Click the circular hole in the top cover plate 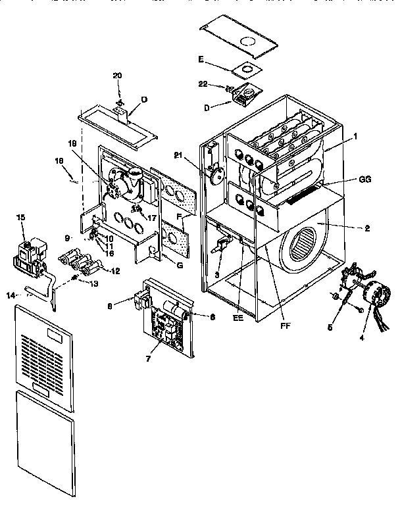click(249, 41)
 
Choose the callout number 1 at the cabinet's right click(355, 136)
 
